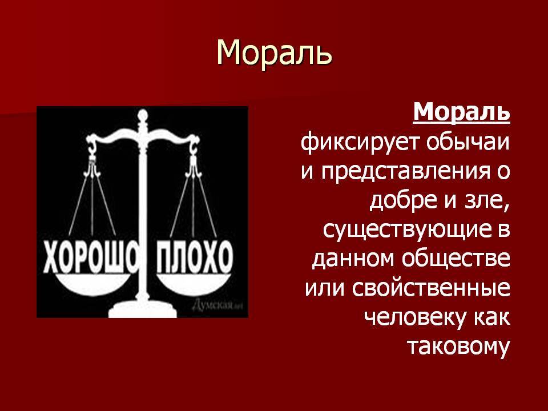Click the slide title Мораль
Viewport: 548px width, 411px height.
(274, 53)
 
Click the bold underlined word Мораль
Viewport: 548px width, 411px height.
(461, 112)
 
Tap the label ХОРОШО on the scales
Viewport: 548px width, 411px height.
(91, 257)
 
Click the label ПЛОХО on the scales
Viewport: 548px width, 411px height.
(194, 257)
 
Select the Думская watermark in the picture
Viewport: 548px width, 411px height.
(217, 305)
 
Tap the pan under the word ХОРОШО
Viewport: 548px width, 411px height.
(92, 283)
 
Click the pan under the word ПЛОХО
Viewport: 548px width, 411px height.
(194, 283)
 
